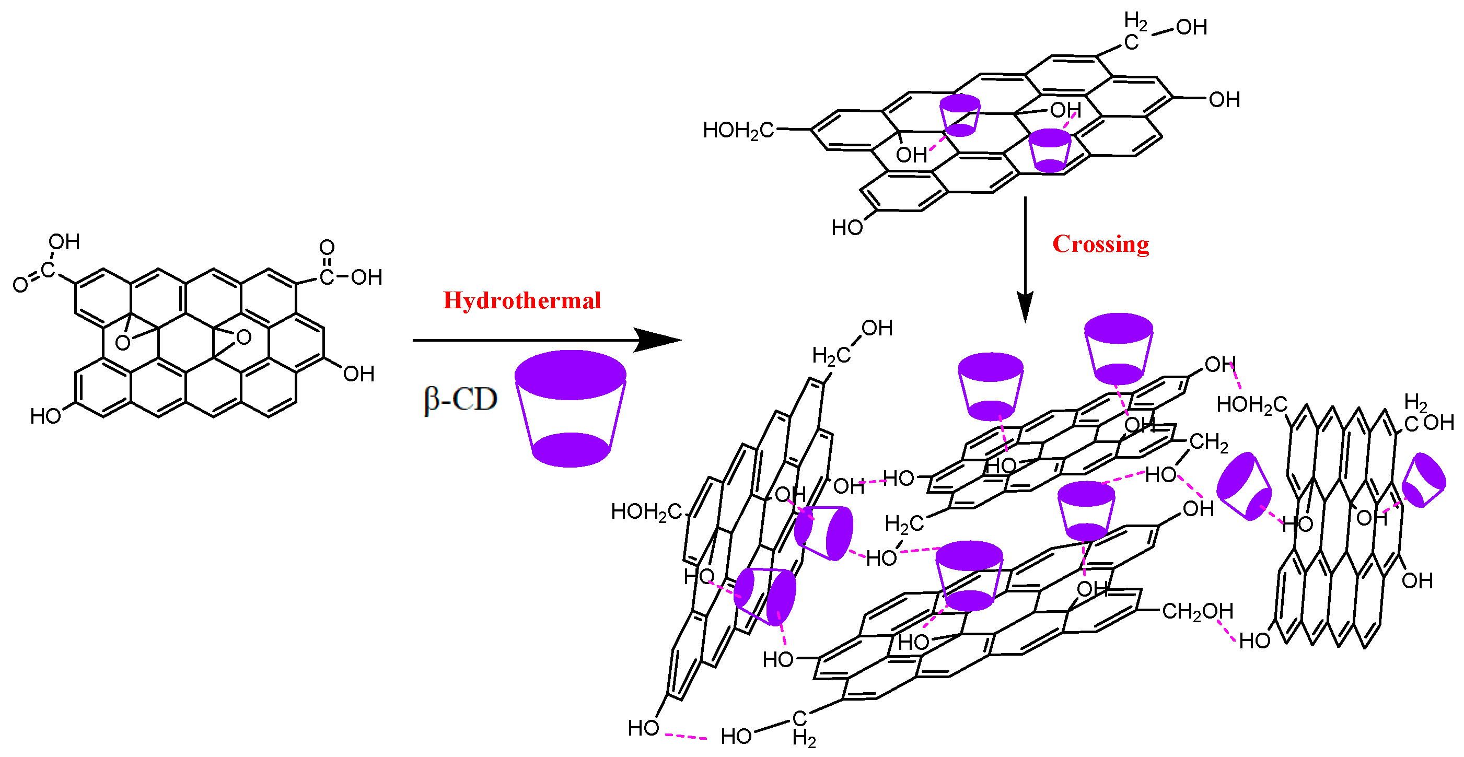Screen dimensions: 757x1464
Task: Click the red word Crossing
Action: pyautogui.click(x=1100, y=244)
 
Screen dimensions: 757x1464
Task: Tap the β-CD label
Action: pyautogui.click(x=460, y=400)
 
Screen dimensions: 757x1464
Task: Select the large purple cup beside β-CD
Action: pyautogui.click(x=570, y=409)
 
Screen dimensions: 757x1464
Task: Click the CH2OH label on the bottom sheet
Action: pyautogui.click(x=1198, y=612)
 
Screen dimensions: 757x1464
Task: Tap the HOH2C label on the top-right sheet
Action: pyautogui.click(x=738, y=131)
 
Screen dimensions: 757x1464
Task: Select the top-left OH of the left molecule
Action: pyautogui.click(x=64, y=242)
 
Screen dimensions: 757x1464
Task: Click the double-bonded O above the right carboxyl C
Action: pyautogui.click(x=327, y=247)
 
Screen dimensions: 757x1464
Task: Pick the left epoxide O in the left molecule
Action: pyautogui.click(x=122, y=343)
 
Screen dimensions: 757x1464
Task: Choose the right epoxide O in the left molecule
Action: pyautogui.click(x=244, y=337)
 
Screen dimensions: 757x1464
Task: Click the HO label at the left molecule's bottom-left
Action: pyautogui.click(x=45, y=416)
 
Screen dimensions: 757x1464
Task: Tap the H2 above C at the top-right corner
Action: pyautogui.click(x=1135, y=21)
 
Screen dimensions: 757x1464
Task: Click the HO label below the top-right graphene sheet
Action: pyautogui.click(x=847, y=228)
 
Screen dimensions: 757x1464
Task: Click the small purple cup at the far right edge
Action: pyautogui.click(x=1423, y=480)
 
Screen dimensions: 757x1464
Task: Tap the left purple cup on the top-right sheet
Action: pyautogui.click(x=960, y=115)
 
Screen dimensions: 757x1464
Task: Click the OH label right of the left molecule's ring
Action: pyautogui.click(x=358, y=374)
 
